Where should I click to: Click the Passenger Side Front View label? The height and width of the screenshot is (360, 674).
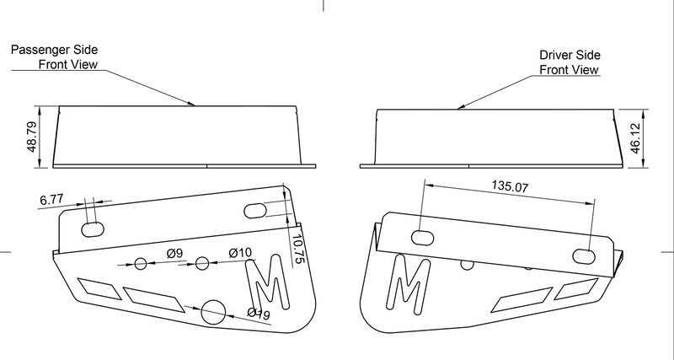tap(54, 56)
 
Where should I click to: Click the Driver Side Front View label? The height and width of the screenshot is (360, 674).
tap(569, 63)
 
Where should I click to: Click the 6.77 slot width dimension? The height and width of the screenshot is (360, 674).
tap(52, 200)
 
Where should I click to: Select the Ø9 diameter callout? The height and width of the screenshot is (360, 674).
tap(175, 253)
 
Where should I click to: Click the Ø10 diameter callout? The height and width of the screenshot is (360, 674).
tap(240, 253)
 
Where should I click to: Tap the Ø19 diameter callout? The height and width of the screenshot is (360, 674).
tap(258, 314)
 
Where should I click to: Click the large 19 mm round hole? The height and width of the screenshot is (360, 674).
tap(215, 311)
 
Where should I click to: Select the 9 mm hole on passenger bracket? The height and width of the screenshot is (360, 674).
tap(141, 264)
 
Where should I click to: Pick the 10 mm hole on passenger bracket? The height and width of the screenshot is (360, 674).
tap(202, 263)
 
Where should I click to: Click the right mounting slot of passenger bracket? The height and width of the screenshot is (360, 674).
tap(254, 211)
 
